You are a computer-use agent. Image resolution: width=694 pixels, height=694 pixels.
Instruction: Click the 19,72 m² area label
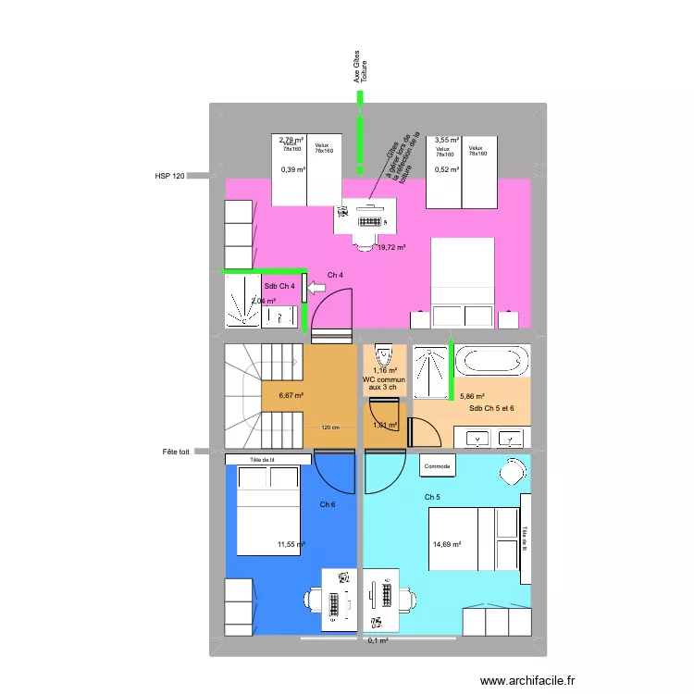point(392,247)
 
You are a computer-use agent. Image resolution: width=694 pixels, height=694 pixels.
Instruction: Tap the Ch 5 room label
point(432,498)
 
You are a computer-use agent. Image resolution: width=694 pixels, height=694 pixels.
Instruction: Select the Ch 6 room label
point(328,504)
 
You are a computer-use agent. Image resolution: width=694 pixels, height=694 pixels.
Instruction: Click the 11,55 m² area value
point(291,545)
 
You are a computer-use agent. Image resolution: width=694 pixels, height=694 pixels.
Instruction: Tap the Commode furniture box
point(438,466)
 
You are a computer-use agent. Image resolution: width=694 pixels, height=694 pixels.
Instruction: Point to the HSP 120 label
point(170,175)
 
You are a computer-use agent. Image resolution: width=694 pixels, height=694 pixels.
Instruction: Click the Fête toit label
point(174,452)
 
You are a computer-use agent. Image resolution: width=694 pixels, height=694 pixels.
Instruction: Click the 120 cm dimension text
point(330,427)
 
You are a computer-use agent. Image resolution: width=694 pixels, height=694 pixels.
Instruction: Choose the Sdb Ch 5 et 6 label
point(491,408)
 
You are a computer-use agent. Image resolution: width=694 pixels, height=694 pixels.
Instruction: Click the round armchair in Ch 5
point(512,473)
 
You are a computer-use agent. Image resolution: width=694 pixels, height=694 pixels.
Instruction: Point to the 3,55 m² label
point(448,141)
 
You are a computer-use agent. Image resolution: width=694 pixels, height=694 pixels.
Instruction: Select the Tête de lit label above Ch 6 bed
point(268,459)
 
